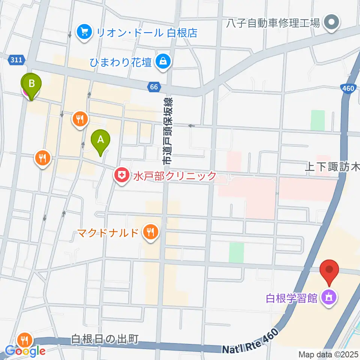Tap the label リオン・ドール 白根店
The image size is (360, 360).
tap(147, 33)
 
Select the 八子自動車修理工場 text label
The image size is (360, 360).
tap(273, 23)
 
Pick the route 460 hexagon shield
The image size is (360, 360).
tap(348, 89)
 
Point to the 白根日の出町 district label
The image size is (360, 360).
tap(105, 339)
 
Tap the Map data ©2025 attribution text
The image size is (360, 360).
tap(328, 354)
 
